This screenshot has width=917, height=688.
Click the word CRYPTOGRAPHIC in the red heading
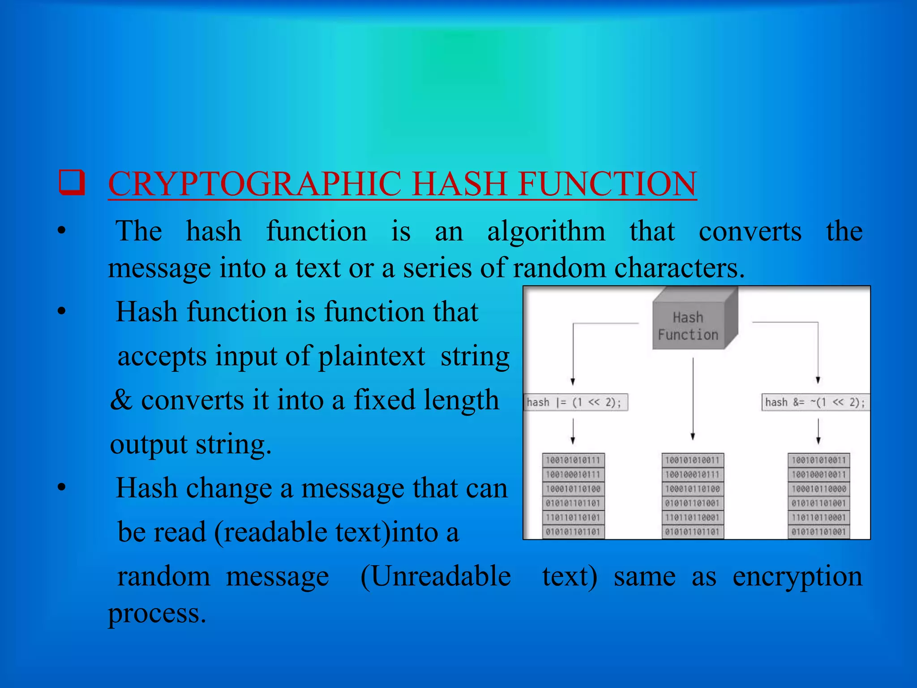(x=255, y=184)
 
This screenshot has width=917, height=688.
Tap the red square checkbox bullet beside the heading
(x=72, y=183)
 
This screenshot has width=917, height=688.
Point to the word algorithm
(x=546, y=232)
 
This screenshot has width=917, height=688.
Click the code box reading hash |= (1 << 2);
(x=576, y=402)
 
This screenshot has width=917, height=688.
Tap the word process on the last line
(x=157, y=614)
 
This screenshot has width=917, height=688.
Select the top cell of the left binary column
(x=573, y=460)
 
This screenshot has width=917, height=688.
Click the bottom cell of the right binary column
(x=818, y=532)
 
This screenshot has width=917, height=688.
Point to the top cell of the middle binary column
(x=693, y=460)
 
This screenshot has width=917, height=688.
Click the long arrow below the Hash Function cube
(x=693, y=399)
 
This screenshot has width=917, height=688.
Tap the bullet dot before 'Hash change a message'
(x=62, y=488)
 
